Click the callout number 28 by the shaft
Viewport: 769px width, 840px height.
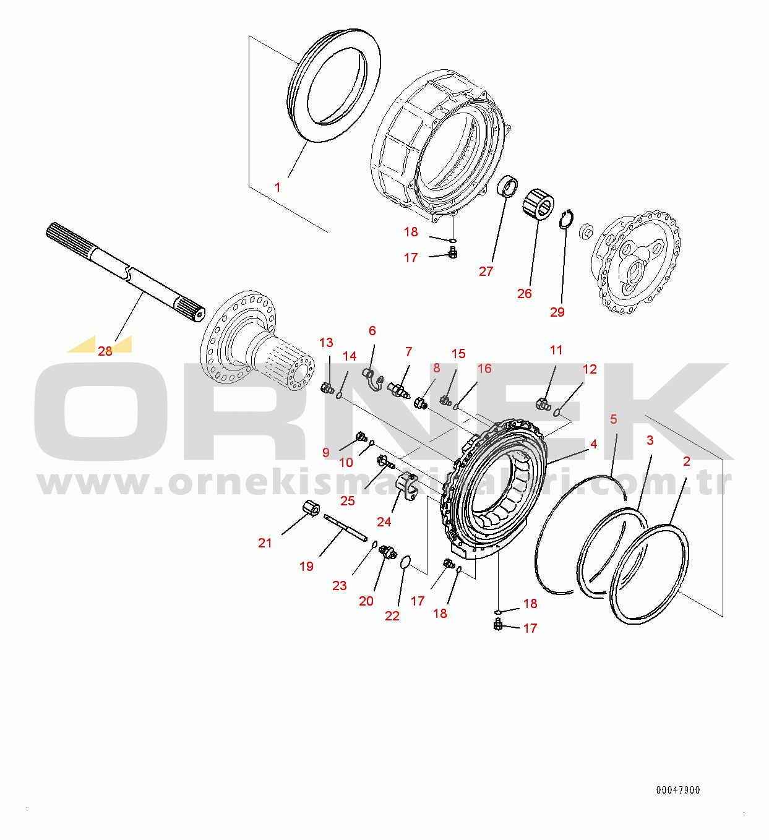(105, 351)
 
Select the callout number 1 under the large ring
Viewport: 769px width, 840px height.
(277, 187)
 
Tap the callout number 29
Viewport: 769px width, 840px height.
(557, 312)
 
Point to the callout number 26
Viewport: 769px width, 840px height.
(525, 294)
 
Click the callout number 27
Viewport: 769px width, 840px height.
(486, 272)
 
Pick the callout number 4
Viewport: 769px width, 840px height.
(593, 444)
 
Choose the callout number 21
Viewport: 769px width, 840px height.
(265, 542)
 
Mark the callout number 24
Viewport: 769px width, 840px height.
(384, 522)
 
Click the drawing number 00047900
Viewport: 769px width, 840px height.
(677, 790)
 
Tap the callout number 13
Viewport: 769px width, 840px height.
(326, 343)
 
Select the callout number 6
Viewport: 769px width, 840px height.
(372, 331)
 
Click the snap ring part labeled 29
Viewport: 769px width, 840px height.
(567, 220)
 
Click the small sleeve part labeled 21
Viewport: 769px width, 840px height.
(311, 509)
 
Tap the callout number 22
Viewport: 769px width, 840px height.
(392, 615)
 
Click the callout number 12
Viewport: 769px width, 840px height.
(590, 369)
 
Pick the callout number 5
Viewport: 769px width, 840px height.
(613, 419)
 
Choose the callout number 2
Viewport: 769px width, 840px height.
(686, 461)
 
